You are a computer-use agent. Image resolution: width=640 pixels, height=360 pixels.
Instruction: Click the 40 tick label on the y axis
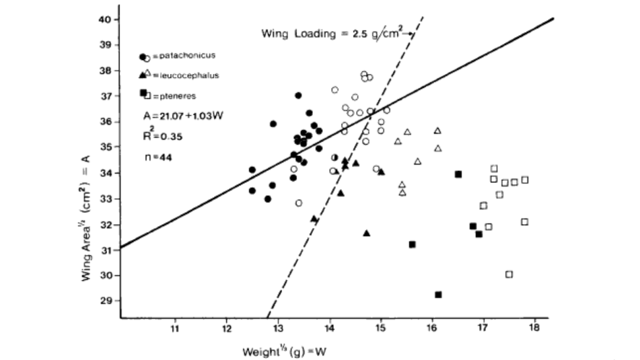(x=106, y=19)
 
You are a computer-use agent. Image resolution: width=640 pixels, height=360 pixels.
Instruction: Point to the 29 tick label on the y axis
(x=106, y=301)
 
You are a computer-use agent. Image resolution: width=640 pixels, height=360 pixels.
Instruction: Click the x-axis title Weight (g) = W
(x=285, y=351)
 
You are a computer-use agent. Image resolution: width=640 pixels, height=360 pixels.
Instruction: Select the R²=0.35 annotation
(x=162, y=135)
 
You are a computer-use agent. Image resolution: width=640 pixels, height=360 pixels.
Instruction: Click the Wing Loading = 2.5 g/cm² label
(x=331, y=34)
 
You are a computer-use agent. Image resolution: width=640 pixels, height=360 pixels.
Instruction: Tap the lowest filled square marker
(x=438, y=294)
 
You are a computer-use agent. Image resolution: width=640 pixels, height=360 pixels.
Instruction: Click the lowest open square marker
(x=509, y=274)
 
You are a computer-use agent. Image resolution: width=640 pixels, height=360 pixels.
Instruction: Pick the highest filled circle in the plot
(x=298, y=95)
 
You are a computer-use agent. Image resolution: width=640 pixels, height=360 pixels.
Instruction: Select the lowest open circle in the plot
(x=299, y=203)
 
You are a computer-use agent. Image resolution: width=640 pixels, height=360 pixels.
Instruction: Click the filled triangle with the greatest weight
(x=382, y=172)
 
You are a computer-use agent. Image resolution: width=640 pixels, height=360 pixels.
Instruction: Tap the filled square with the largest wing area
(x=459, y=174)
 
